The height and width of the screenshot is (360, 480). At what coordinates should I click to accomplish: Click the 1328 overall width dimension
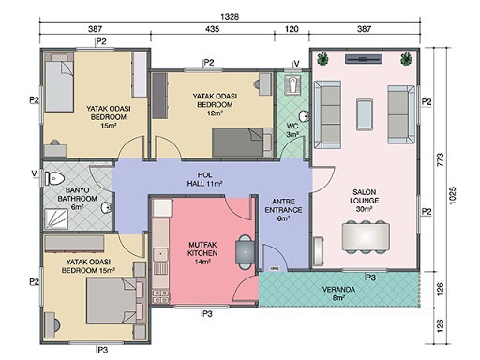[230, 16]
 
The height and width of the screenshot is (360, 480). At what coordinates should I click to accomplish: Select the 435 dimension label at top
[213, 29]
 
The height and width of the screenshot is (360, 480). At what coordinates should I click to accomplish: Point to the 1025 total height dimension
[452, 196]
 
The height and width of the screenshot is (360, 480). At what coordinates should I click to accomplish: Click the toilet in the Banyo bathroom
[54, 178]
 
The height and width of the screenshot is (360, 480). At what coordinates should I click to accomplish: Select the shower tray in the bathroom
[56, 218]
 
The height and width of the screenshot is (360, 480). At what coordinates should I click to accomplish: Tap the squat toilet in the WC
[292, 84]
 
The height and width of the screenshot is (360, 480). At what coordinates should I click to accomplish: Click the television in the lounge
[364, 59]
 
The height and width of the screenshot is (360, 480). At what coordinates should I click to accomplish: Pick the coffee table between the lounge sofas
[365, 114]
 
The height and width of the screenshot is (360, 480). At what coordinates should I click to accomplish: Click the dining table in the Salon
[366, 236]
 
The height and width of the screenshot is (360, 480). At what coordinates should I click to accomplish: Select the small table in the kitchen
[245, 252]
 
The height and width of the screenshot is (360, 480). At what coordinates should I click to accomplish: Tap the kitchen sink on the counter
[160, 254]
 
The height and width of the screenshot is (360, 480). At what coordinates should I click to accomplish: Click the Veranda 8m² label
[338, 293]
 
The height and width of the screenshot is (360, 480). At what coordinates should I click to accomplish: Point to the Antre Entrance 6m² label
[283, 210]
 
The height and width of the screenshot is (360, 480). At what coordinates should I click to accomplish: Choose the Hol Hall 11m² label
[204, 179]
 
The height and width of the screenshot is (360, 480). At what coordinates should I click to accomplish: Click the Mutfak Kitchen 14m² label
[202, 253]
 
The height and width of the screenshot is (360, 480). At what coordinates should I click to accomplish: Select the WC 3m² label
[292, 130]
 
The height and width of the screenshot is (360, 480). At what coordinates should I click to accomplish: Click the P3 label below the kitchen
[207, 313]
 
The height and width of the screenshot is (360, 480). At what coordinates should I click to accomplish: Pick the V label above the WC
[296, 64]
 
